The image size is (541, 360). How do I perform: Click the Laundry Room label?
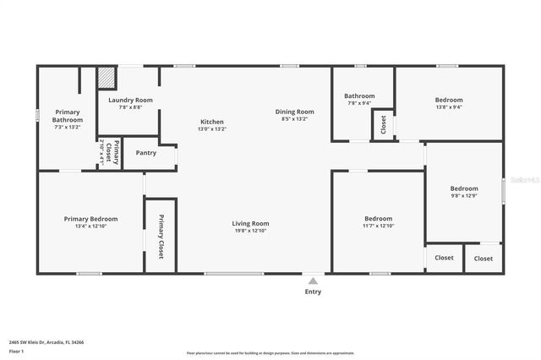pyautogui.click(x=130, y=100)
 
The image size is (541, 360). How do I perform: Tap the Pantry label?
pyautogui.click(x=146, y=153)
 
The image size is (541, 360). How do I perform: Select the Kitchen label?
pyautogui.click(x=212, y=122)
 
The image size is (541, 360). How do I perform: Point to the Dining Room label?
pyautogui.click(x=294, y=112)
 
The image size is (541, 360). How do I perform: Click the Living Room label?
pyautogui.click(x=250, y=223)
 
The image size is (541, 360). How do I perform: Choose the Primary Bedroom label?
pyautogui.click(x=91, y=218)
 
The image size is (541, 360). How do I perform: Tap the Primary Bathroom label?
pyautogui.click(x=68, y=116)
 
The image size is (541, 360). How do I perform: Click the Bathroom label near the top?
pyautogui.click(x=359, y=95)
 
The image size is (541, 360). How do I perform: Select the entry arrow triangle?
pyautogui.click(x=313, y=281)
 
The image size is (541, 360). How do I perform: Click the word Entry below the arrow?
pyautogui.click(x=313, y=292)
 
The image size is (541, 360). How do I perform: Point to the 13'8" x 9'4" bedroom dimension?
pyautogui.click(x=450, y=107)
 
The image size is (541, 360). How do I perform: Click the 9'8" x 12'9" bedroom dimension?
pyautogui.click(x=464, y=196)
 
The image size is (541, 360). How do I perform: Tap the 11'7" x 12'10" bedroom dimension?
pyautogui.click(x=378, y=226)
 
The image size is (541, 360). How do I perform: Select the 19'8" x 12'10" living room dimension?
pyautogui.click(x=250, y=231)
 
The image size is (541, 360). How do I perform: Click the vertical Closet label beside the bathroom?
pyautogui.click(x=383, y=125)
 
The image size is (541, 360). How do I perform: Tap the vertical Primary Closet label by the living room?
pyautogui.click(x=161, y=237)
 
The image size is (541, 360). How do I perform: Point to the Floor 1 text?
pyautogui.click(x=18, y=351)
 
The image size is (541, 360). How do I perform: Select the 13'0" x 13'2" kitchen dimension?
pyautogui.click(x=212, y=129)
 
